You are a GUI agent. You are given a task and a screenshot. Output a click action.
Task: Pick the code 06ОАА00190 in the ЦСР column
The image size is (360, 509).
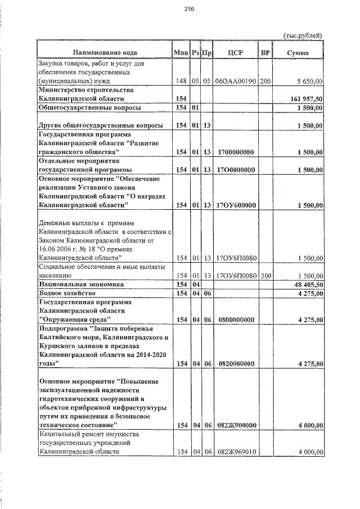(x=236, y=82)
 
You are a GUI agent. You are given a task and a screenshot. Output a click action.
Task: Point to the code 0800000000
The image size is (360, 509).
(x=236, y=319)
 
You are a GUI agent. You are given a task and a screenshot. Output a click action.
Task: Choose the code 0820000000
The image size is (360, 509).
(x=236, y=364)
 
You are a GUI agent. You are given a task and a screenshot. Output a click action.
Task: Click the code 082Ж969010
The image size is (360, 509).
(x=236, y=452)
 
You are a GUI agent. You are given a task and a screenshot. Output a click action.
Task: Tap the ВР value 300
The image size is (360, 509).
(x=265, y=276)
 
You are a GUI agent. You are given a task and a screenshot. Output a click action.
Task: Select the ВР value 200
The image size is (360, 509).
(x=265, y=82)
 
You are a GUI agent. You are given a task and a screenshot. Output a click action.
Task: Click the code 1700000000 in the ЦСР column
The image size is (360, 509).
(x=236, y=152)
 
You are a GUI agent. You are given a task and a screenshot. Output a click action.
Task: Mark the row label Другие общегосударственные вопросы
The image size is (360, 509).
(x=101, y=125)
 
